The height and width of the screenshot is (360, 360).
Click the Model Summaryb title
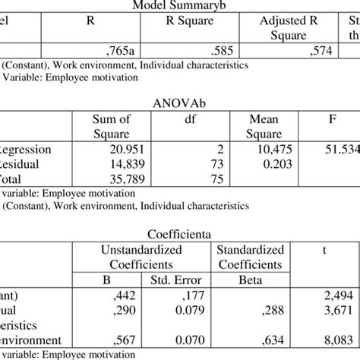pyautogui.click(x=180, y=6)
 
